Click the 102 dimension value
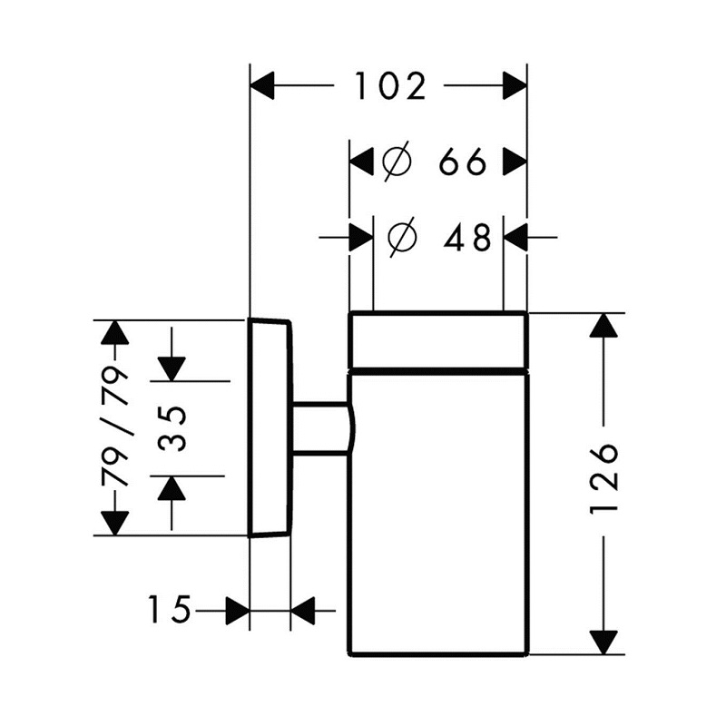click(390, 86)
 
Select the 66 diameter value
click(463, 162)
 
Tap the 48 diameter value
click(466, 238)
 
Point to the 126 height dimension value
click(604, 478)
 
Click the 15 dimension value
click(169, 610)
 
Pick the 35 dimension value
click(172, 428)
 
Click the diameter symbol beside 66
click(397, 162)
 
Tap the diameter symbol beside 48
click(402, 237)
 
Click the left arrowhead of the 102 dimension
click(262, 85)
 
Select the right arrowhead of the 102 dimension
click(515, 85)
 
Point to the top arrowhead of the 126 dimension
click(603, 325)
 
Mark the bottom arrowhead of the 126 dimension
click(603, 643)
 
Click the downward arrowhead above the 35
click(172, 369)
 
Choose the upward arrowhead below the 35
click(172, 488)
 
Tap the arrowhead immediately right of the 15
click(238, 611)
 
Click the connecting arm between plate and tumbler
click(322, 428)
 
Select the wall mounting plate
click(270, 427)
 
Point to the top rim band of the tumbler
click(438, 341)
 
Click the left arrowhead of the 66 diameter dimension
click(361, 162)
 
